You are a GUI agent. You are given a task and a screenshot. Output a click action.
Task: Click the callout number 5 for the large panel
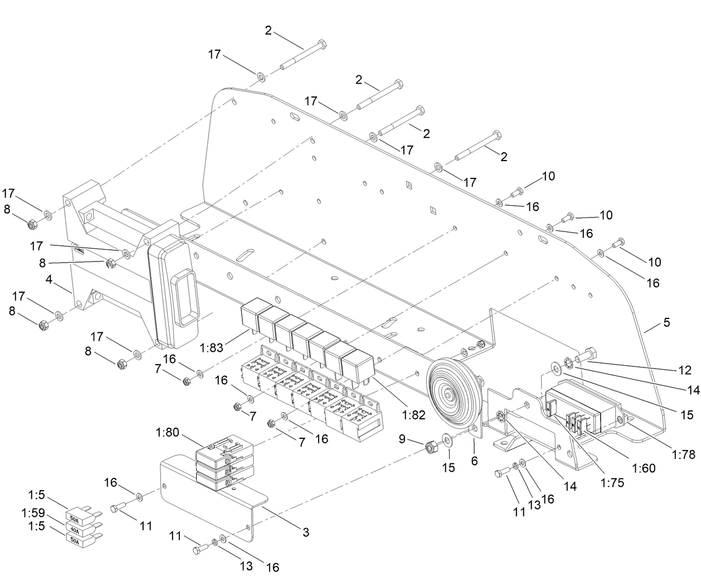[x=666, y=322]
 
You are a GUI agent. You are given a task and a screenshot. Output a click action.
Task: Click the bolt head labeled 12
[x=590, y=354]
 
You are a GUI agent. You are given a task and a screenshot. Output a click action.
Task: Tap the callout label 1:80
[x=167, y=432]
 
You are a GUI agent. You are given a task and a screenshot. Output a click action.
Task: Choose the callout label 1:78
[x=684, y=454]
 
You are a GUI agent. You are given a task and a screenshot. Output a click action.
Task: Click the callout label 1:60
[x=644, y=468]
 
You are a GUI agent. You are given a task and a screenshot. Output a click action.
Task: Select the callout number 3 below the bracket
[x=305, y=532]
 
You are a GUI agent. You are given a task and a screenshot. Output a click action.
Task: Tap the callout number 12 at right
[x=685, y=370]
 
